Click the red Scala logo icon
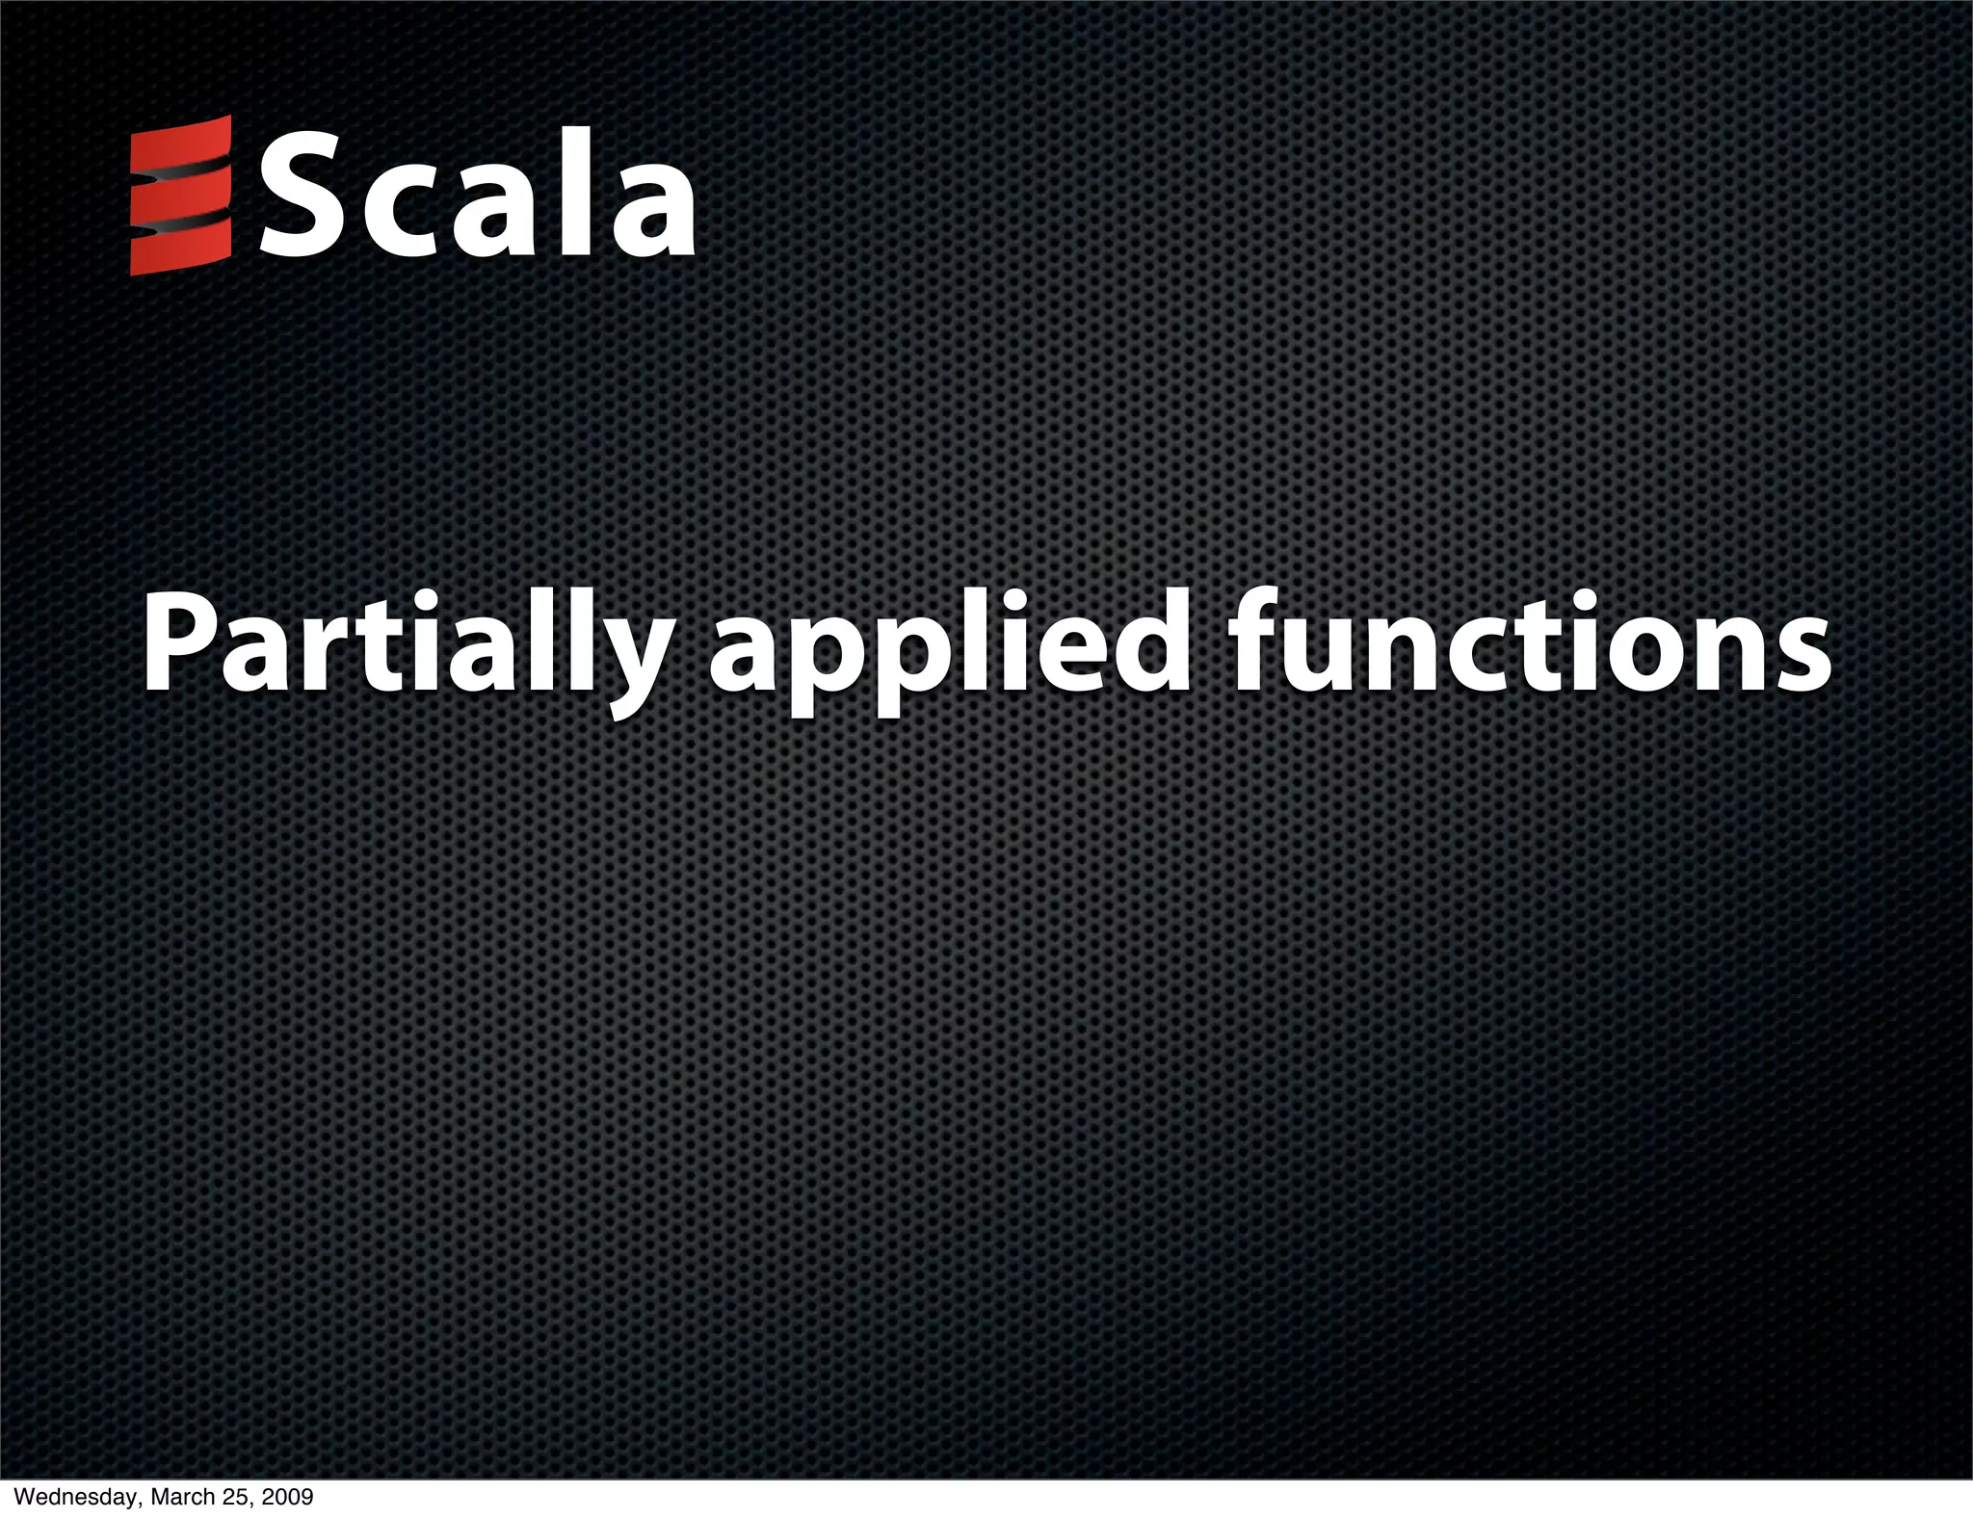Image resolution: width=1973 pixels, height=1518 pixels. (x=181, y=196)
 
